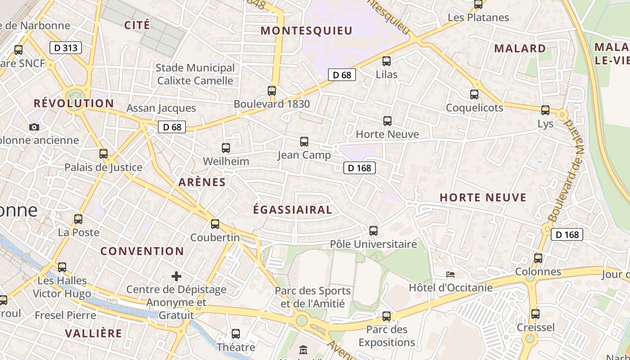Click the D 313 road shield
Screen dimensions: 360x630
[65, 48]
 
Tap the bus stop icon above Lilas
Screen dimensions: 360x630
[386, 61]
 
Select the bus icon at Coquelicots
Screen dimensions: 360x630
[474, 94]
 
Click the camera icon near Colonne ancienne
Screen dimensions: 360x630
[34, 127]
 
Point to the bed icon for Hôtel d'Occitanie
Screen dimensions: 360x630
[450, 274]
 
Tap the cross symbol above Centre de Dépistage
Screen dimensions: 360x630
[176, 276]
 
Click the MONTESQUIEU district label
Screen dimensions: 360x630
[306, 31]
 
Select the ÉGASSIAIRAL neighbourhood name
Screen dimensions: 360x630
[292, 210]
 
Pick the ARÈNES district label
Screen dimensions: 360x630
[202, 182]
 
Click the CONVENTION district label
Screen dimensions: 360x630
[142, 251]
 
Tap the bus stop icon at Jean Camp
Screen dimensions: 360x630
[304, 142]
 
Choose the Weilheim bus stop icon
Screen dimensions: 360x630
[226, 148]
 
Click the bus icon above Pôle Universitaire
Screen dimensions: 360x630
[373, 231]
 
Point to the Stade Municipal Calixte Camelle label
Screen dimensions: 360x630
[195, 74]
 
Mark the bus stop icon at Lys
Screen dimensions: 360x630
[545, 110]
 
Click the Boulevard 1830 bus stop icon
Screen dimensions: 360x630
[272, 91]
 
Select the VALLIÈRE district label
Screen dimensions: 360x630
[94, 333]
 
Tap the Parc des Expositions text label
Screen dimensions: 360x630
[387, 336]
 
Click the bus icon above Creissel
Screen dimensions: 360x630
[535, 314]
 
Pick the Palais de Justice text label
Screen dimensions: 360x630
[103, 167]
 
